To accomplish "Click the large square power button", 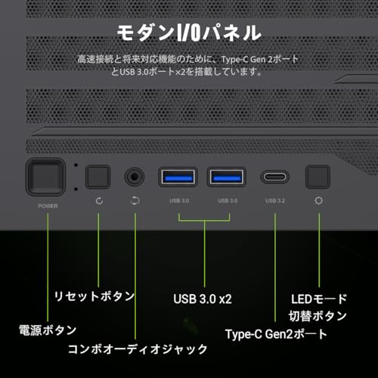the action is click(46, 177).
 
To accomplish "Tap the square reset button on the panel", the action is click(98, 177).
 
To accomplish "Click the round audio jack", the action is click(135, 177).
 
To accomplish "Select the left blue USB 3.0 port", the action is click(178, 177).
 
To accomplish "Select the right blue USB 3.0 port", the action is click(227, 177).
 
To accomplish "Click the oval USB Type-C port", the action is click(274, 177).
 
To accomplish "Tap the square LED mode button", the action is click(318, 177).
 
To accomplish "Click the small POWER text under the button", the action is click(48, 206).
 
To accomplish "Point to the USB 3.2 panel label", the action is click(275, 201).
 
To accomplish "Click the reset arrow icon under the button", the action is click(99, 201).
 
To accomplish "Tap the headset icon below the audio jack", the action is click(135, 201).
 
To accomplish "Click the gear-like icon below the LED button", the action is click(318, 201).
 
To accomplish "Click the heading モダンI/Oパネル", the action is click(189, 33).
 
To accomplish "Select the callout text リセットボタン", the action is click(94, 296).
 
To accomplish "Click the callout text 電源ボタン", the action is click(48, 330).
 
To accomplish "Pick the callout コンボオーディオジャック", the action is click(138, 349).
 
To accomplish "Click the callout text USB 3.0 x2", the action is click(203, 299).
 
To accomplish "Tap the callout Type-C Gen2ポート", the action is click(276, 334).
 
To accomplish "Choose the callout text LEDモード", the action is click(319, 299).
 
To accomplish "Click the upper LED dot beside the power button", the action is click(76, 165).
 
